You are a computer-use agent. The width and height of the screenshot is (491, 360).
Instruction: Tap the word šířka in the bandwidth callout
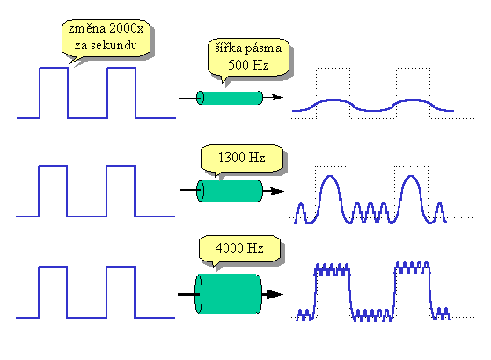(229, 48)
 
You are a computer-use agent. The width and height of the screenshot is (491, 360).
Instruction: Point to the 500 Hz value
(248, 65)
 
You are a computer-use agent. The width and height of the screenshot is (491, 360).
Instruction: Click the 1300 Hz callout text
(242, 158)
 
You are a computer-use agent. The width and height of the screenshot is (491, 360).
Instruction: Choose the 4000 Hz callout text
(239, 248)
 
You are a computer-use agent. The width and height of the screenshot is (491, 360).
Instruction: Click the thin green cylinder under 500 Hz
(230, 98)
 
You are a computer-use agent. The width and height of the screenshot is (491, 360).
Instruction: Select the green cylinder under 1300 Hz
(230, 190)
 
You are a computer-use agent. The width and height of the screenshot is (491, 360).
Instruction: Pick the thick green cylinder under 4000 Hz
(228, 294)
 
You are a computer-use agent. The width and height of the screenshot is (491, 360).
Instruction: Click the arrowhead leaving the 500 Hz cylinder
(278, 97)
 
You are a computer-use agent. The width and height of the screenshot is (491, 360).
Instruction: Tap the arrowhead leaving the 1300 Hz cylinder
(277, 191)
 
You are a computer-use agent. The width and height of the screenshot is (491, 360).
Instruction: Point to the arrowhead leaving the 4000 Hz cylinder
(275, 294)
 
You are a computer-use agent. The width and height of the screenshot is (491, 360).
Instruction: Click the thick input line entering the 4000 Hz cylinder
(188, 294)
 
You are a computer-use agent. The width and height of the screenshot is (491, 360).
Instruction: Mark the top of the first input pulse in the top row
(54, 68)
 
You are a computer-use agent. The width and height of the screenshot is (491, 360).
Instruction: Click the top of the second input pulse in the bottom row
(121, 267)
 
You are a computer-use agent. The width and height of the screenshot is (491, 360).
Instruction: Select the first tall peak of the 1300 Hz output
(330, 176)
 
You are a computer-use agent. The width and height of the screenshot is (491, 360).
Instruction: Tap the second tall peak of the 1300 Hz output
(411, 176)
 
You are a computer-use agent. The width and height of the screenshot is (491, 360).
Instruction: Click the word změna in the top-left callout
(87, 28)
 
